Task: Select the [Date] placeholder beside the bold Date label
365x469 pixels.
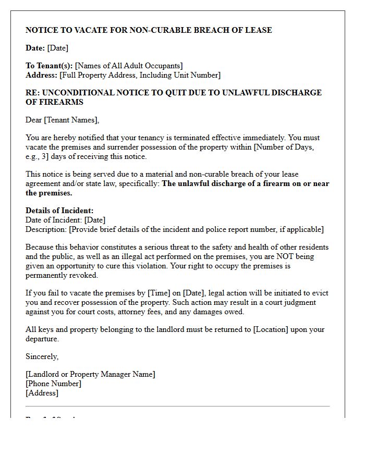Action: click(57, 48)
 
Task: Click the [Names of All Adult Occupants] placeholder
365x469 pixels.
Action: click(129, 66)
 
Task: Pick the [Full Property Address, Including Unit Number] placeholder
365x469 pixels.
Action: click(140, 75)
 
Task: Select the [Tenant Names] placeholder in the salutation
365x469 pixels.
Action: click(71, 120)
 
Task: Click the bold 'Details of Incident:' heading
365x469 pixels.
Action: click(59, 211)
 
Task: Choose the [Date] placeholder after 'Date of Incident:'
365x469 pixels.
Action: click(94, 220)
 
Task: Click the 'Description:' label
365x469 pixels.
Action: click(46, 229)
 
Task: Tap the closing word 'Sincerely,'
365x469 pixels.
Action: click(42, 356)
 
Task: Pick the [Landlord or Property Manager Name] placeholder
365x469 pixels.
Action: click(90, 374)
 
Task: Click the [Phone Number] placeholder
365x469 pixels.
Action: click(53, 384)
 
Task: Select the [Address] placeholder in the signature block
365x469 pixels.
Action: click(42, 393)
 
